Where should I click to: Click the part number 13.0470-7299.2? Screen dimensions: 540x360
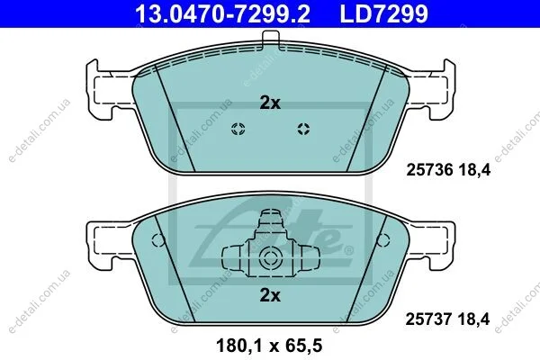tap(222, 13)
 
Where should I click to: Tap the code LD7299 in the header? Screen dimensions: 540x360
tap(384, 13)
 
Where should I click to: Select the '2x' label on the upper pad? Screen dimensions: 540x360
tap(270, 103)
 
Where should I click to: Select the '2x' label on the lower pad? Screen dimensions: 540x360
tap(270, 295)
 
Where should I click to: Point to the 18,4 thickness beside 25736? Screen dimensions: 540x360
tap(474, 170)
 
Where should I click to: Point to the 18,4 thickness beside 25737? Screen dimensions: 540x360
tap(474, 319)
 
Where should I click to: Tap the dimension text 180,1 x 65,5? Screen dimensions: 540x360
tap(269, 346)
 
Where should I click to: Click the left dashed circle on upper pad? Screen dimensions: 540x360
tap(238, 130)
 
